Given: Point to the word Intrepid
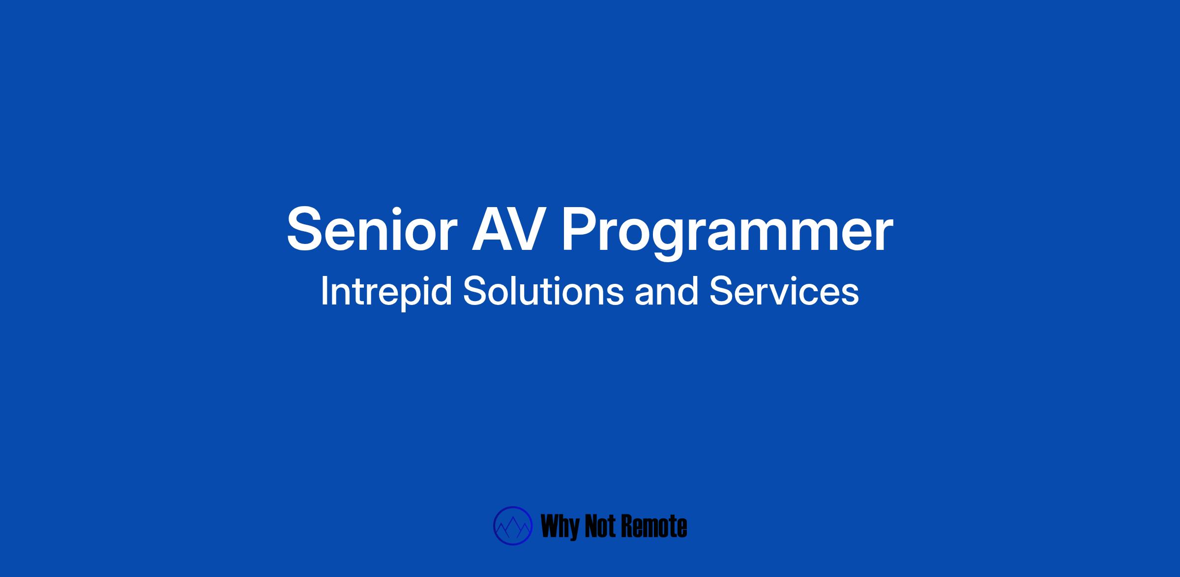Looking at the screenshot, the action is [x=386, y=292].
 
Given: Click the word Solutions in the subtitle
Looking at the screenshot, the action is [x=543, y=291].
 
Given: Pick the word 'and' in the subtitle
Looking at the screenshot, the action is [x=666, y=291].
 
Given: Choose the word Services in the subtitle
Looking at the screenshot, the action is [x=784, y=291].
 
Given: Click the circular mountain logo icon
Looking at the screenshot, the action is [x=513, y=526].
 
